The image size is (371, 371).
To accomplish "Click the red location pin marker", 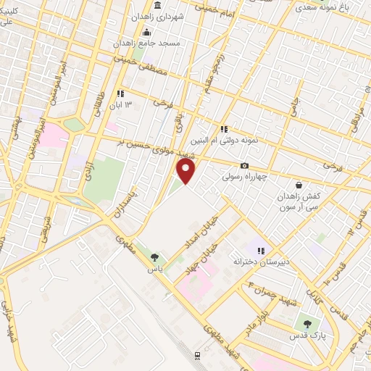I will [x=186, y=171].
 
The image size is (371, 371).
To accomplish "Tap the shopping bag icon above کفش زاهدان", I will [x=299, y=185].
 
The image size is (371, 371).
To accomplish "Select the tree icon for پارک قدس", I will [x=308, y=324].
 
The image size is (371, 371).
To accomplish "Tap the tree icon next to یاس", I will [x=154, y=257].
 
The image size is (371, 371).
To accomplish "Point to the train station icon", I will [x=197, y=355].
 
